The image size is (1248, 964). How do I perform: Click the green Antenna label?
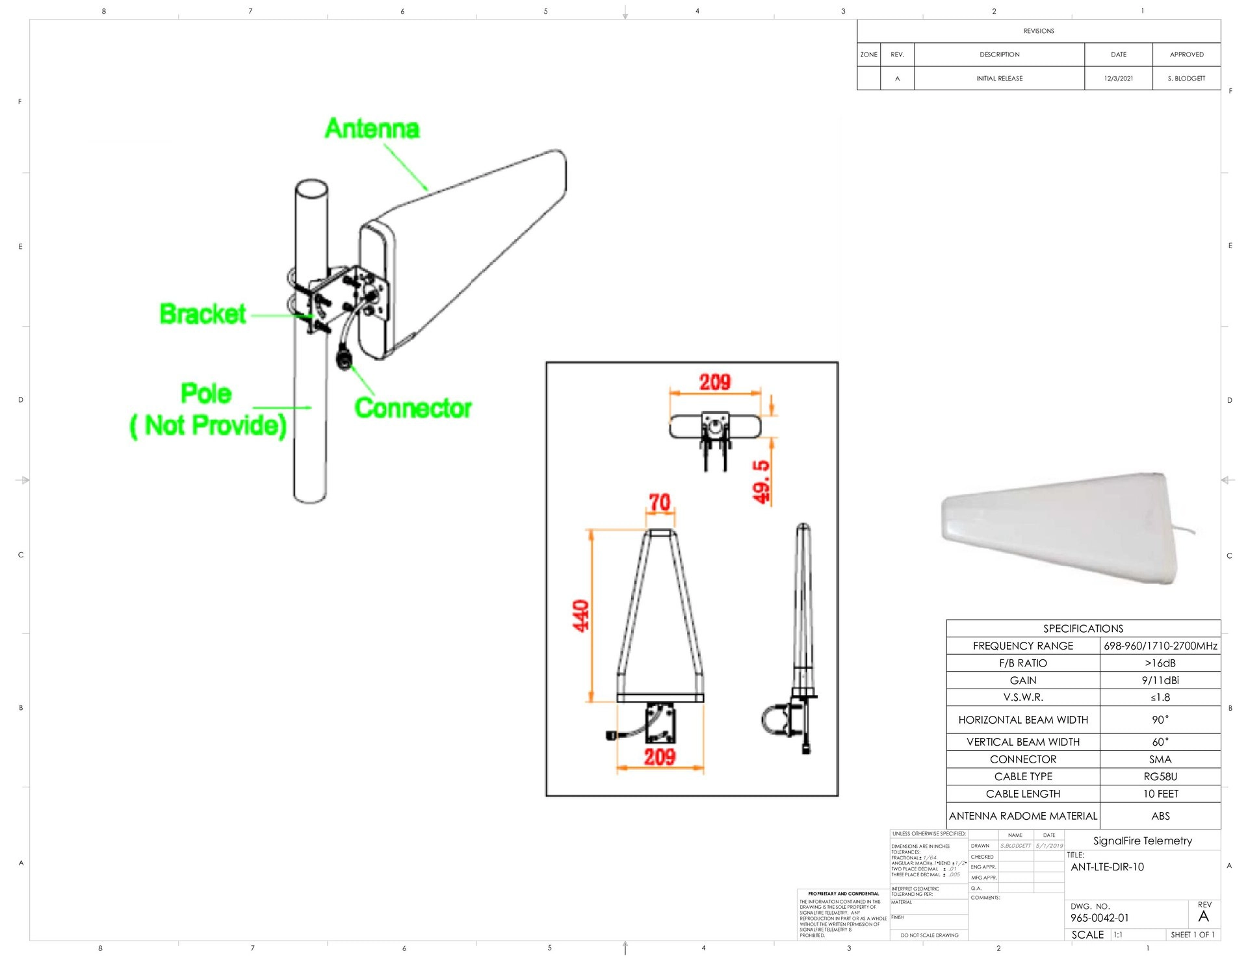click(x=372, y=129)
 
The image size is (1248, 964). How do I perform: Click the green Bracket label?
click(x=203, y=314)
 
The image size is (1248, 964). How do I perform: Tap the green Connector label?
click(x=413, y=408)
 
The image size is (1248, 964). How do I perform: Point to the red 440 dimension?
click(x=580, y=615)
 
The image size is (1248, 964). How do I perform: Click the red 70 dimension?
click(x=659, y=502)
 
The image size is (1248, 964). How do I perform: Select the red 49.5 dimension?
click(x=761, y=481)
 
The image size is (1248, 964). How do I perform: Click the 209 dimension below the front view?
click(x=660, y=757)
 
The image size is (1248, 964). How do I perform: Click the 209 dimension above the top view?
click(x=714, y=382)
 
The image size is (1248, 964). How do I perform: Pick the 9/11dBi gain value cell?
click(x=1160, y=680)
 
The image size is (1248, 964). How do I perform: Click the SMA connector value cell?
click(x=1160, y=759)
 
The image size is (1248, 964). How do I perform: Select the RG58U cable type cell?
click(x=1160, y=776)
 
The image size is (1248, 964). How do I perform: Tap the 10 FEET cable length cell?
click(x=1160, y=794)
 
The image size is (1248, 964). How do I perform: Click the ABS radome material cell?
click(x=1160, y=816)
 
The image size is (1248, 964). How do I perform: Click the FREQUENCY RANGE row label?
click(x=1022, y=646)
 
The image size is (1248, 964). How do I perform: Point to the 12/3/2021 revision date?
click(x=1118, y=79)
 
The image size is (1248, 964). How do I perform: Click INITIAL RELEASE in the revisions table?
click(x=999, y=79)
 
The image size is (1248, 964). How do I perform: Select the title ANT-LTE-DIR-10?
click(x=1107, y=867)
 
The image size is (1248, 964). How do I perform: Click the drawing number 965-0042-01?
click(x=1099, y=918)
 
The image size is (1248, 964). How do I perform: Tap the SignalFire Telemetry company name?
click(x=1142, y=841)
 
